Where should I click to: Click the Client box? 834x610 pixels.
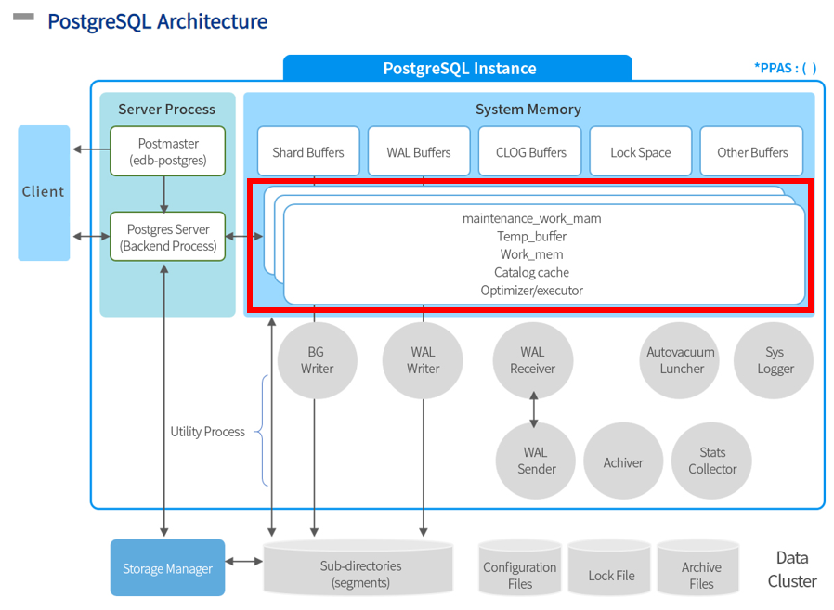(x=44, y=192)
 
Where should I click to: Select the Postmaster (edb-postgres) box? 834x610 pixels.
(x=167, y=151)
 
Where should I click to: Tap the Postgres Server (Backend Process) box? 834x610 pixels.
(x=167, y=237)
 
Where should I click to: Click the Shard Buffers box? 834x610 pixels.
(x=307, y=152)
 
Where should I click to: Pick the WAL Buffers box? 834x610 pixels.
(x=419, y=152)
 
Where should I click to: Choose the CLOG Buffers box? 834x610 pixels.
(x=530, y=152)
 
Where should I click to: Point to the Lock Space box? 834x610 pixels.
(x=640, y=152)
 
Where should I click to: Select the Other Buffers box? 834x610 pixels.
(x=752, y=152)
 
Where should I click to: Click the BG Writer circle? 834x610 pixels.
(x=317, y=360)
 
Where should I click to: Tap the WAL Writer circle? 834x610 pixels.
(x=423, y=360)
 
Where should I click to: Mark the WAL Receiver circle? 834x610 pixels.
(x=532, y=360)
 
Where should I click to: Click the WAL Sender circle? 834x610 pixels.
(x=535, y=461)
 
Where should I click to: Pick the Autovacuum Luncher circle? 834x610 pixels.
(x=681, y=360)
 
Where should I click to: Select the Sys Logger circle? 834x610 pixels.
(x=774, y=360)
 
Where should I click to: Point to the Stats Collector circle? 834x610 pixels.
(x=712, y=461)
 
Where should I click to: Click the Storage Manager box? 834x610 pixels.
(x=167, y=568)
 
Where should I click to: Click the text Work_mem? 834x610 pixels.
(x=531, y=254)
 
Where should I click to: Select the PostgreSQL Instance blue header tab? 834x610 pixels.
(x=459, y=69)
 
